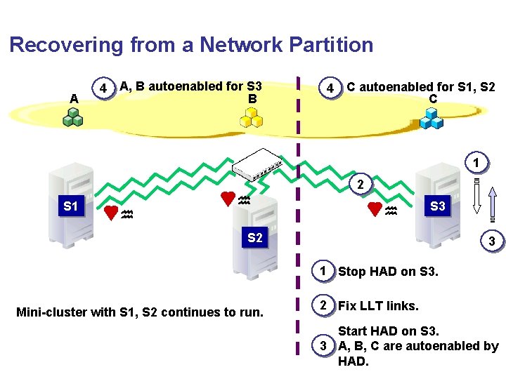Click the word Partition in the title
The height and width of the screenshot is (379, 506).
(x=324, y=45)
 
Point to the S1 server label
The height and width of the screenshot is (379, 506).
(x=70, y=207)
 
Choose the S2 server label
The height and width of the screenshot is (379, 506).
(x=254, y=238)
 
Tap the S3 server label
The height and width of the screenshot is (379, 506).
(x=438, y=206)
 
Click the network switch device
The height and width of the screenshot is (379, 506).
(x=258, y=164)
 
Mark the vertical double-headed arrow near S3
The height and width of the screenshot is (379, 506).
(x=476, y=195)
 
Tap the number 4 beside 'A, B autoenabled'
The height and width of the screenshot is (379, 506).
(x=103, y=90)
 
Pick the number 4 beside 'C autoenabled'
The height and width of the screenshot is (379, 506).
(x=327, y=89)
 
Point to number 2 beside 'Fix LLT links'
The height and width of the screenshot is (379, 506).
(x=322, y=305)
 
